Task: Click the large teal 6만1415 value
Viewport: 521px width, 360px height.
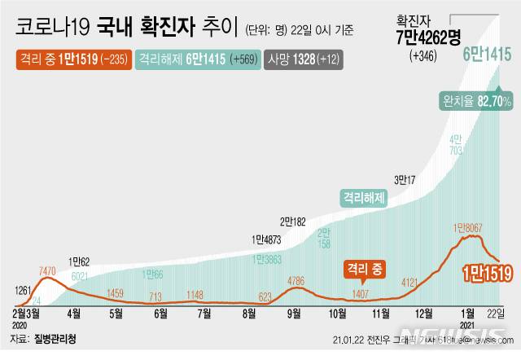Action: pos(487,55)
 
